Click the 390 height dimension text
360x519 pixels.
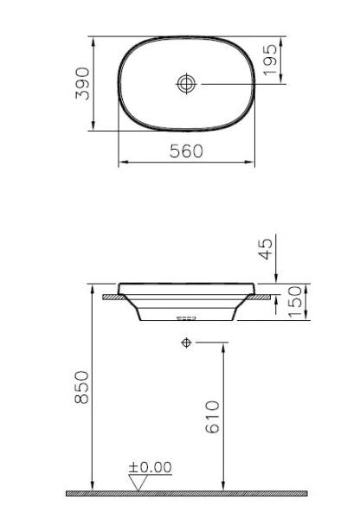[x=83, y=83]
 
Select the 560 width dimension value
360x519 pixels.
[x=185, y=151]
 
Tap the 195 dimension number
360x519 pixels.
[x=271, y=60]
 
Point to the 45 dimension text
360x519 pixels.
[x=267, y=248]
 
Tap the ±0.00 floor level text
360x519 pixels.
[x=150, y=467]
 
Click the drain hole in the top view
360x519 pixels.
[x=186, y=84]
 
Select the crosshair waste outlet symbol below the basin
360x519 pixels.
[x=186, y=343]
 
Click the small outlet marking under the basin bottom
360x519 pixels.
[x=185, y=318]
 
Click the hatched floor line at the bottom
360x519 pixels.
[x=186, y=493]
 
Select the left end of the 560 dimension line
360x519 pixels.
[x=118, y=162]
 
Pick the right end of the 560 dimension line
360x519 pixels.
[x=254, y=162]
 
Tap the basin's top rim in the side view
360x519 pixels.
[x=186, y=284]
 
